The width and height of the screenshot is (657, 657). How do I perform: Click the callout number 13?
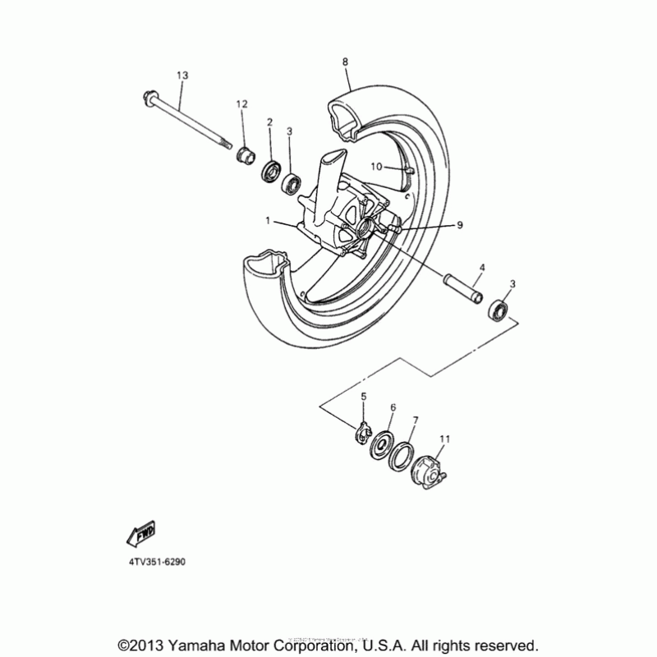pos(182,76)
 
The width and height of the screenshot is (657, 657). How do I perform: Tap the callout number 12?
pos(241,103)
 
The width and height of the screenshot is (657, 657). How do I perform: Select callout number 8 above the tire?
pos(345,62)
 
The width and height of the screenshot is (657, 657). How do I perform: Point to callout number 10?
pos(375,166)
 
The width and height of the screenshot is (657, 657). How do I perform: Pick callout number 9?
pos(460,224)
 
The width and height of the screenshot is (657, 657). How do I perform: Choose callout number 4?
pos(482,268)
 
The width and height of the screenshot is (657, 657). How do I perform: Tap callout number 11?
pos(446,439)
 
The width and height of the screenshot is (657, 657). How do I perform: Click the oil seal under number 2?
pos(269,171)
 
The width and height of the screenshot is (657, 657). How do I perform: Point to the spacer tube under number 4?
pos(462,292)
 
